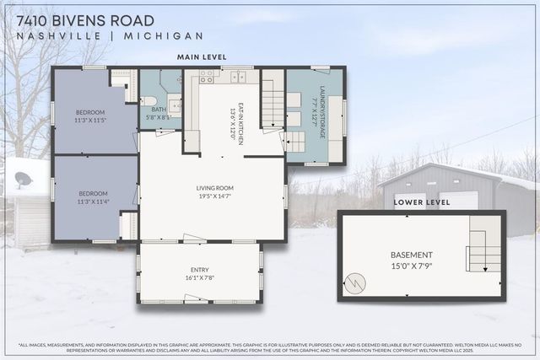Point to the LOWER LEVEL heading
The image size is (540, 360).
click(422, 203)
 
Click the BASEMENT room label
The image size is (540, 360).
click(412, 255)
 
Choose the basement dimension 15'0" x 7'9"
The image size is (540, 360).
click(412, 267)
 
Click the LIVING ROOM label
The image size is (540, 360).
click(212, 188)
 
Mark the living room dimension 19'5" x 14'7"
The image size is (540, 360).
click(212, 196)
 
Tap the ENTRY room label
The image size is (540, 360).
click(200, 269)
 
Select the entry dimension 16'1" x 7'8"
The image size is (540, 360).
click(200, 277)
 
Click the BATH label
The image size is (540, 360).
click(158, 110)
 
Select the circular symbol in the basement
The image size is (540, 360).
click(359, 281)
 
